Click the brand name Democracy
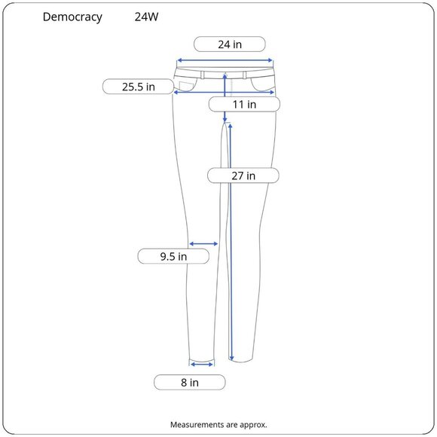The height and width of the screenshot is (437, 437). (72, 17)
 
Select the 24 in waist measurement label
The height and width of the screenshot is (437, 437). (230, 44)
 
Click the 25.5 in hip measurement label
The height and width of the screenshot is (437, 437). (139, 87)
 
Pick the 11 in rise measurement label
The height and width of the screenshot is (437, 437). (243, 104)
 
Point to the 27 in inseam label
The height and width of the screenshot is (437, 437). (243, 176)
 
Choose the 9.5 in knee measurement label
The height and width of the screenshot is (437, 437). (173, 256)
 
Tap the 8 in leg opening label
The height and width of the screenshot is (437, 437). (190, 382)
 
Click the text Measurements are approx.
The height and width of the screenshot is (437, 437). (218, 424)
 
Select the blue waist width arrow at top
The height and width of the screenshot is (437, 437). (224, 61)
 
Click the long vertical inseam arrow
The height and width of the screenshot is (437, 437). (231, 241)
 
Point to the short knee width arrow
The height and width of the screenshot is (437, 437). (203, 243)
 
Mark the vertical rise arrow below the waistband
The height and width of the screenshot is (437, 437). (226, 98)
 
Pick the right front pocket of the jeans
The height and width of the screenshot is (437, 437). (264, 82)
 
